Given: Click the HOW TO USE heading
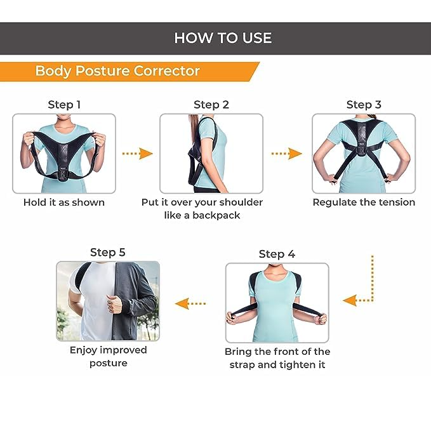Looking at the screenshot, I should [x=223, y=38].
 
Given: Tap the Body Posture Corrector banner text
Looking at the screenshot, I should [x=117, y=70].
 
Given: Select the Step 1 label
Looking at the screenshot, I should [x=64, y=105].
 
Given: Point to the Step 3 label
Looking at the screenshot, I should [x=364, y=105].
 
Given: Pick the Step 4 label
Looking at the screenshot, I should [x=277, y=254].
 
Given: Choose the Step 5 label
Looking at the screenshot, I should [x=108, y=253].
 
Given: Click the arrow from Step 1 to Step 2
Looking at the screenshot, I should [x=137, y=154].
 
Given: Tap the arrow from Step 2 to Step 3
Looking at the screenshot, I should [x=286, y=154].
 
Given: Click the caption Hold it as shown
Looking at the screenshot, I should [x=64, y=202].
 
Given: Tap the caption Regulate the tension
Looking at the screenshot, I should [x=364, y=202].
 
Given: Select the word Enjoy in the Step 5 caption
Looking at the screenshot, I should [x=86, y=350].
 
